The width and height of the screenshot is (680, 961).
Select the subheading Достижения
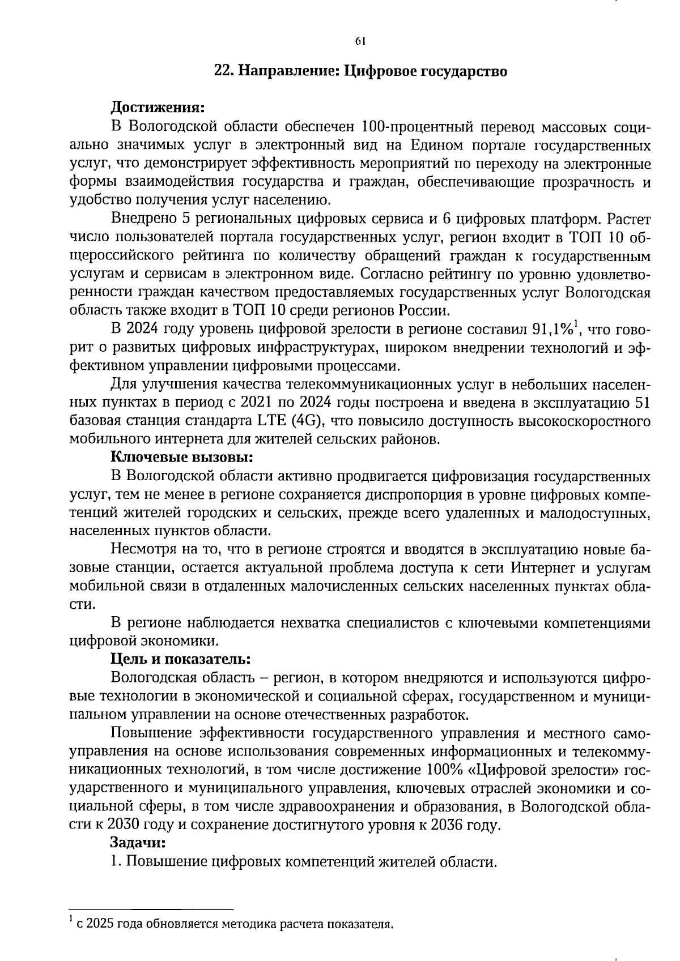coord(157,107)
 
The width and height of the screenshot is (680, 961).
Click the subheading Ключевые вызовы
coord(181,457)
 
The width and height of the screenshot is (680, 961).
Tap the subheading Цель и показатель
coord(180,660)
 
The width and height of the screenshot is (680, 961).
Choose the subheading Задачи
coord(138,843)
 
